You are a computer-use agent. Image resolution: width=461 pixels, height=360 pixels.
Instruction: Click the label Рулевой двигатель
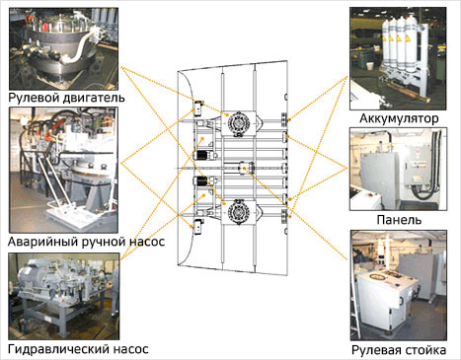click(x=66, y=98)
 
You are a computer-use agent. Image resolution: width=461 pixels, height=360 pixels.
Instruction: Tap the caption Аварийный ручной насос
click(x=86, y=242)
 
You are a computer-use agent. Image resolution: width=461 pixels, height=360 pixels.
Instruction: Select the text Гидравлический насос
click(x=78, y=349)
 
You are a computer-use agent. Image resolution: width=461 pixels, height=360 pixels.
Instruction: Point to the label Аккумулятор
click(x=399, y=118)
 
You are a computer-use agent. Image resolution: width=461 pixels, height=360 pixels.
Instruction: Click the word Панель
click(x=399, y=220)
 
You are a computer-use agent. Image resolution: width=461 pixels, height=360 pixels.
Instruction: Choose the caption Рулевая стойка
click(x=399, y=350)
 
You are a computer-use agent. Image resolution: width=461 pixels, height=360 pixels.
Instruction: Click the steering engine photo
click(x=63, y=48)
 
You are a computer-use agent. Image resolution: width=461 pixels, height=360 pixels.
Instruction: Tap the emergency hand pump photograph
click(x=63, y=170)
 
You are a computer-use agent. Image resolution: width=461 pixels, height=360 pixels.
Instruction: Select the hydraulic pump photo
click(x=64, y=296)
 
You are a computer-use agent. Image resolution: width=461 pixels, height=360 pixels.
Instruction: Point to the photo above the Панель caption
click(x=398, y=169)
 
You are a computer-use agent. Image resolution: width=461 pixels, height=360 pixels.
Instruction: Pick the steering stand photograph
click(x=399, y=285)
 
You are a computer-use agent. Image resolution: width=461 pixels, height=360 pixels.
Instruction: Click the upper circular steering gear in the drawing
click(x=239, y=123)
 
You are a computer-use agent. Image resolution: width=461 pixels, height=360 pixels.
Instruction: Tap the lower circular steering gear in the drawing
click(x=239, y=211)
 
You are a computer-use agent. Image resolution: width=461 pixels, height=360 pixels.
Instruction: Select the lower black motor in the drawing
click(x=200, y=180)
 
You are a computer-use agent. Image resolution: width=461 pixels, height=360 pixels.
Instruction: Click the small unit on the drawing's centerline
click(x=246, y=168)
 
